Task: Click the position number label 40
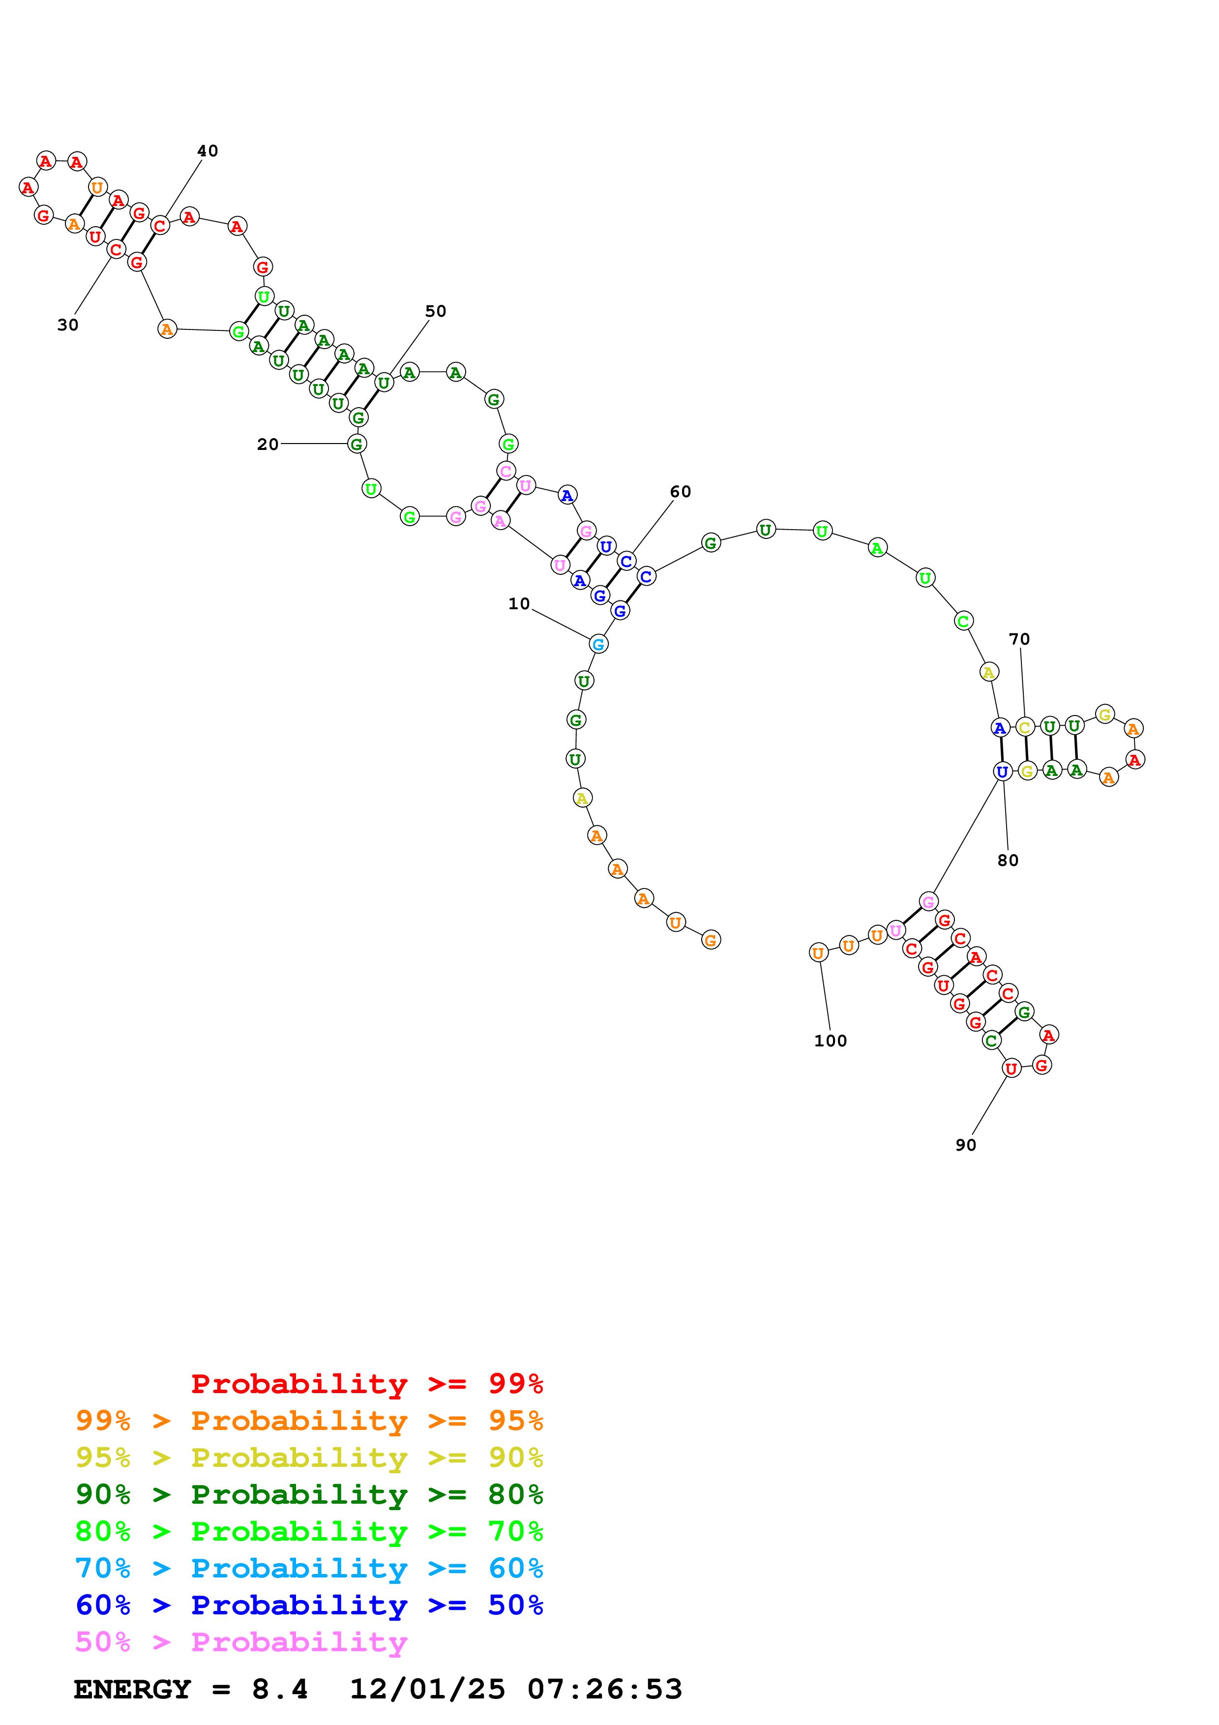208,151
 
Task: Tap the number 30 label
67,325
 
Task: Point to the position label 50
436,311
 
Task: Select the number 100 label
830,1041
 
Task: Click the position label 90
965,1145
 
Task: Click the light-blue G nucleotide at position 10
598,644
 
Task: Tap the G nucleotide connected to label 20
357,444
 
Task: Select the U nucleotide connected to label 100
818,952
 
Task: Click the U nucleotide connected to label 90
1011,1069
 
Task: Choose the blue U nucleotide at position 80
1002,772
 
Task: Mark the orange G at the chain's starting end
711,940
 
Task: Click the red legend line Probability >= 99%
366,1383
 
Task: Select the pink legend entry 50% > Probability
241,1641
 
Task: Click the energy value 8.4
279,1690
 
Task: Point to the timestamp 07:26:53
605,1690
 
